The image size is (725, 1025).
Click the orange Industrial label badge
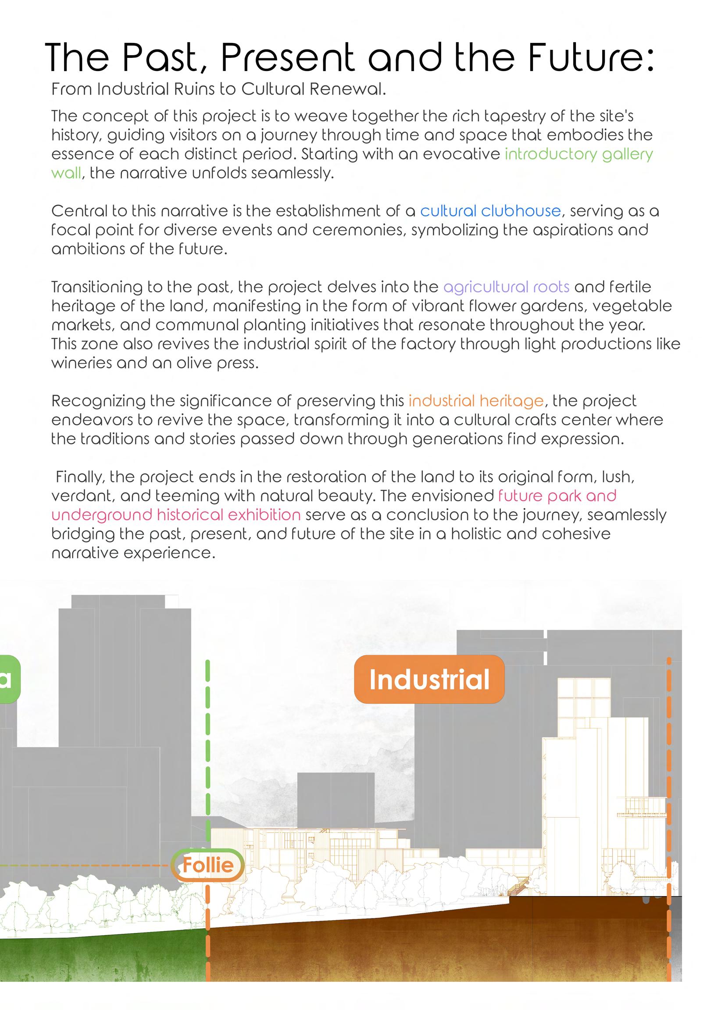tap(429, 680)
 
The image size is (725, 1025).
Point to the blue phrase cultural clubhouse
tap(490, 211)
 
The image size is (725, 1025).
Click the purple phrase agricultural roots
tap(506, 287)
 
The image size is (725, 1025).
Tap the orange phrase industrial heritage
tap(476, 401)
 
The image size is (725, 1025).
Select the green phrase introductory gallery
tap(579, 154)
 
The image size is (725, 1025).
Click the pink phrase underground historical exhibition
tap(176, 515)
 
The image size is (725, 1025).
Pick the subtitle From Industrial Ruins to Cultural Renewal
tap(218, 89)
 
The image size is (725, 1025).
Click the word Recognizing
tap(98, 401)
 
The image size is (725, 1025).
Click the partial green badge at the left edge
tap(8, 679)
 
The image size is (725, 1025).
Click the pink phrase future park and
tap(557, 495)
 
